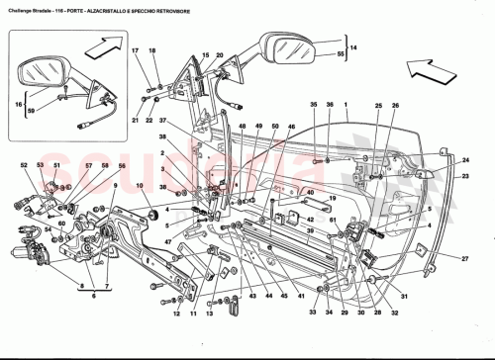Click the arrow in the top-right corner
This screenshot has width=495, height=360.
[433, 67]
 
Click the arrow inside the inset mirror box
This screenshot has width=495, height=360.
[103, 47]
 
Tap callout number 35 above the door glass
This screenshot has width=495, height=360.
[313, 104]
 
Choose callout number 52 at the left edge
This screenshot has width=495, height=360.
[23, 165]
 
